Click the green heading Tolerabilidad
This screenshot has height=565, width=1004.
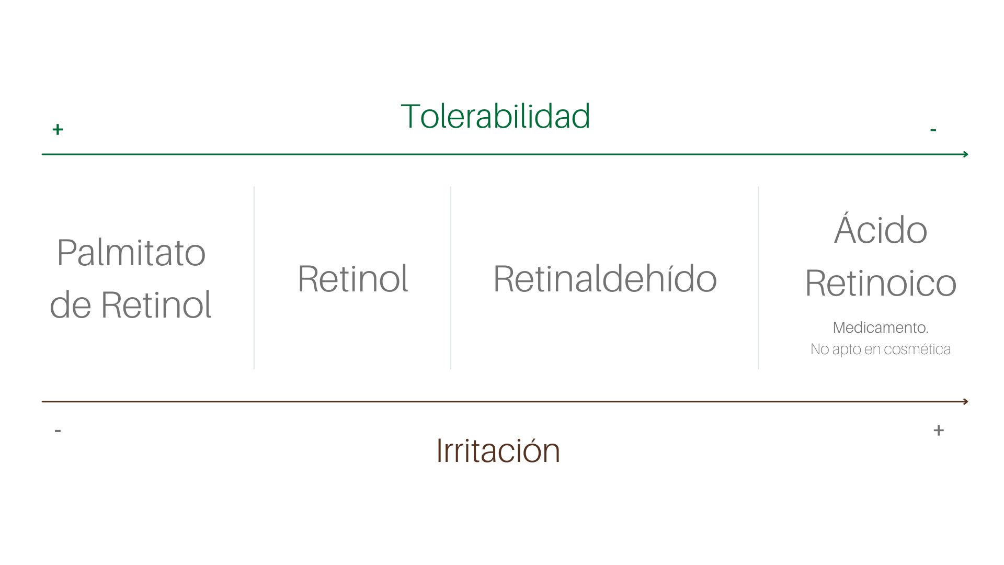(495, 116)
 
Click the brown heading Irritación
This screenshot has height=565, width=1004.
(498, 450)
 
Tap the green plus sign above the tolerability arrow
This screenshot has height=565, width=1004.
(58, 129)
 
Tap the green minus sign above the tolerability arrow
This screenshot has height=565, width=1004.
(933, 130)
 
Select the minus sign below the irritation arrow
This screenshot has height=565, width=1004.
(58, 431)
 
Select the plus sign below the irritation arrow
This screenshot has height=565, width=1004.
(939, 430)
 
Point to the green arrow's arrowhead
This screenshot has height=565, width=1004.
(965, 154)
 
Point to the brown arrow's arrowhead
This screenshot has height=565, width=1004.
(965, 402)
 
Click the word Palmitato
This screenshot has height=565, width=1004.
(131, 254)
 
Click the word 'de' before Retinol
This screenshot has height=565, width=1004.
(71, 304)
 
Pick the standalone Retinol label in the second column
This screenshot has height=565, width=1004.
(352, 279)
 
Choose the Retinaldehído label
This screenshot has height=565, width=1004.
(604, 279)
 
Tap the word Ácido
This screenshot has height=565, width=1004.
(881, 229)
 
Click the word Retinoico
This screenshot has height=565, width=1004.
(881, 283)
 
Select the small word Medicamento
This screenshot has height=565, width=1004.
(881, 328)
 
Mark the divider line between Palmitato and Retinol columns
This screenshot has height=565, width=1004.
(254, 277)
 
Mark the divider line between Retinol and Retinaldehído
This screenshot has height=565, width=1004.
(451, 277)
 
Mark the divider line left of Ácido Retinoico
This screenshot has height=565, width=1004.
(758, 277)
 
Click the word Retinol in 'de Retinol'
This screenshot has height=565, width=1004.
(156, 304)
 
